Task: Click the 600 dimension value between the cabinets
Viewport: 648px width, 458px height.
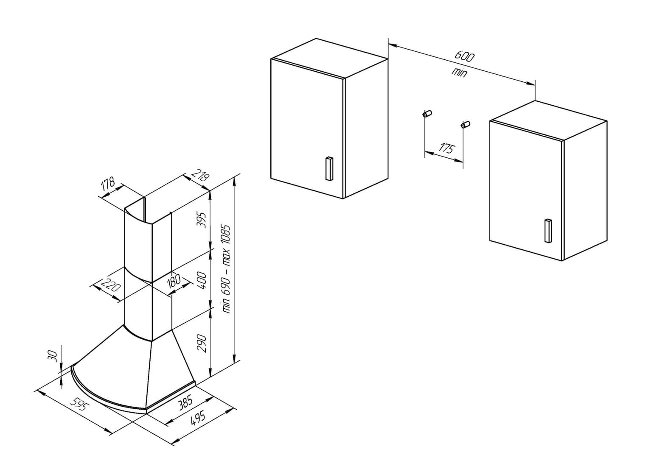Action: tap(465, 56)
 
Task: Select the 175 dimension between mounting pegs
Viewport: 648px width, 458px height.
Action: tap(447, 148)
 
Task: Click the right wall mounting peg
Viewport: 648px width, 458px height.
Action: tap(465, 125)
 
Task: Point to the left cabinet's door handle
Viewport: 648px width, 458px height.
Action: tap(329, 169)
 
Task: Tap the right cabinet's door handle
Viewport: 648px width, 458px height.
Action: tap(547, 230)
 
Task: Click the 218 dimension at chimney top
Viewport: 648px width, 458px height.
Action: tap(200, 176)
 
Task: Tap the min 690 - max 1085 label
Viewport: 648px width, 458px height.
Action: tap(227, 268)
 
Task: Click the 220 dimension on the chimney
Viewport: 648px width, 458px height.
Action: tap(110, 285)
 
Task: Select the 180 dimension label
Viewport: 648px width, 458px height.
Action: tap(174, 280)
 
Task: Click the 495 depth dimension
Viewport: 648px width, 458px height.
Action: tap(198, 419)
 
